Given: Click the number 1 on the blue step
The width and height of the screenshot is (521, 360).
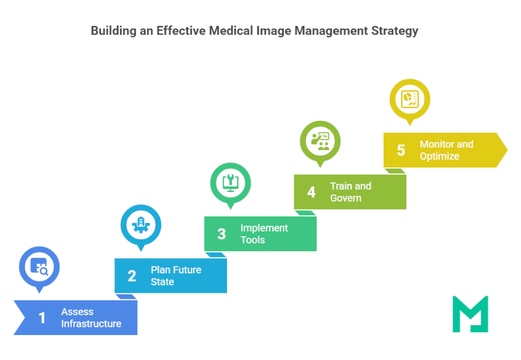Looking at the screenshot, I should (x=42, y=318).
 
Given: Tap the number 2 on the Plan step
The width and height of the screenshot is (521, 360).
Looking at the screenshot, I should (x=132, y=276).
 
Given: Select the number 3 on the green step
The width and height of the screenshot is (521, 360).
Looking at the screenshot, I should (x=221, y=234).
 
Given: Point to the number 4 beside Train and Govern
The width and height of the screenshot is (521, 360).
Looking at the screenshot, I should (x=311, y=192).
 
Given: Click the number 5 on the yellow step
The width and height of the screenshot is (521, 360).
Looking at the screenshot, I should (x=401, y=150).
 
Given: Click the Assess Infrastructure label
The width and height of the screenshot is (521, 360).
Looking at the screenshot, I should (x=91, y=318).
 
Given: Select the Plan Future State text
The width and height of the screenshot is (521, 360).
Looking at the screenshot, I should (x=176, y=276).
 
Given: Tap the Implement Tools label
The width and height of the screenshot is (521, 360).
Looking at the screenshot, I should (x=264, y=234).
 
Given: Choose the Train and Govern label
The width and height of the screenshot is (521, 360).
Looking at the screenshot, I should (x=351, y=192).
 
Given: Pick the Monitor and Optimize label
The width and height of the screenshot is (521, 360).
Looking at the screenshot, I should (x=446, y=150).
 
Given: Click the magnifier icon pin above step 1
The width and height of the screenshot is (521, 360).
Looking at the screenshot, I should (x=39, y=266).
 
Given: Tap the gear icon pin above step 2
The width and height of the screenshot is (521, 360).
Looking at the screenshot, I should (x=141, y=225).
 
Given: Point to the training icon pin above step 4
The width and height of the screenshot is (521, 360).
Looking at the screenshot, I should (x=320, y=141).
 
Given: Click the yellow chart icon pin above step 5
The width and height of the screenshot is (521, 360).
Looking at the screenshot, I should (x=410, y=99).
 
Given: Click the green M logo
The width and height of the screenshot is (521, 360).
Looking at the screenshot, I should (x=470, y=314).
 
